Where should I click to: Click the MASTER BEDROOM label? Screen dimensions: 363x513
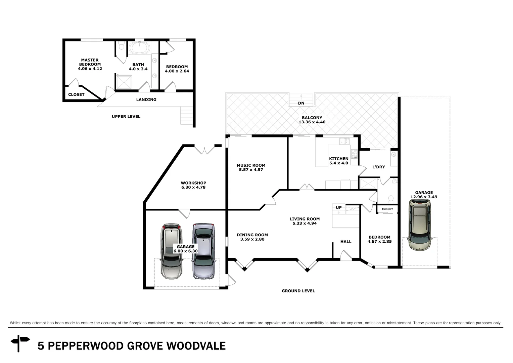pos(90,62)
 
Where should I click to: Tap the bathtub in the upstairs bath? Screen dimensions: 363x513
pos(138,48)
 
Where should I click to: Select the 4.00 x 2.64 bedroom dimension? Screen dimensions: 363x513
pos(177,71)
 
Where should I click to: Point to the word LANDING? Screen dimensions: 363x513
pos(146,100)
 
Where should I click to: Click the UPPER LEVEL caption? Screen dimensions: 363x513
pos(126,117)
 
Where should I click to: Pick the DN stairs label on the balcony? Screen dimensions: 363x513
pos(301,103)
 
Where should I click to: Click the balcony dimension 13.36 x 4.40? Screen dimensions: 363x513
pos(312,122)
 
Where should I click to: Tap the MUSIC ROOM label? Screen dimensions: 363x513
pos(251,165)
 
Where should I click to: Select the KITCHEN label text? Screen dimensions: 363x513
pos(338,159)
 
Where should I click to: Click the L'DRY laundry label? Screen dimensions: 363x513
pos(378,167)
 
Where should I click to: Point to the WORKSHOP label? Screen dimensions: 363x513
pos(193,183)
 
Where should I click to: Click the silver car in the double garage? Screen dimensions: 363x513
pos(203,251)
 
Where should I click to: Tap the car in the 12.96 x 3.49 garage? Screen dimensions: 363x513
pos(419,225)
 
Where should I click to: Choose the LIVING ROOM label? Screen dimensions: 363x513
pos(305,219)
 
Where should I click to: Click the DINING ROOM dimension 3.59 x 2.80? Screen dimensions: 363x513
pos(252,239)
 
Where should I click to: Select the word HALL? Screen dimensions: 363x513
pos(346,242)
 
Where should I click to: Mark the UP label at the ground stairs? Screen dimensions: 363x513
pos(339,208)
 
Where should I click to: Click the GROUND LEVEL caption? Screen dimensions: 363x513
pos(298,291)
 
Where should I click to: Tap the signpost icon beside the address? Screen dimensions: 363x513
pos(20,343)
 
